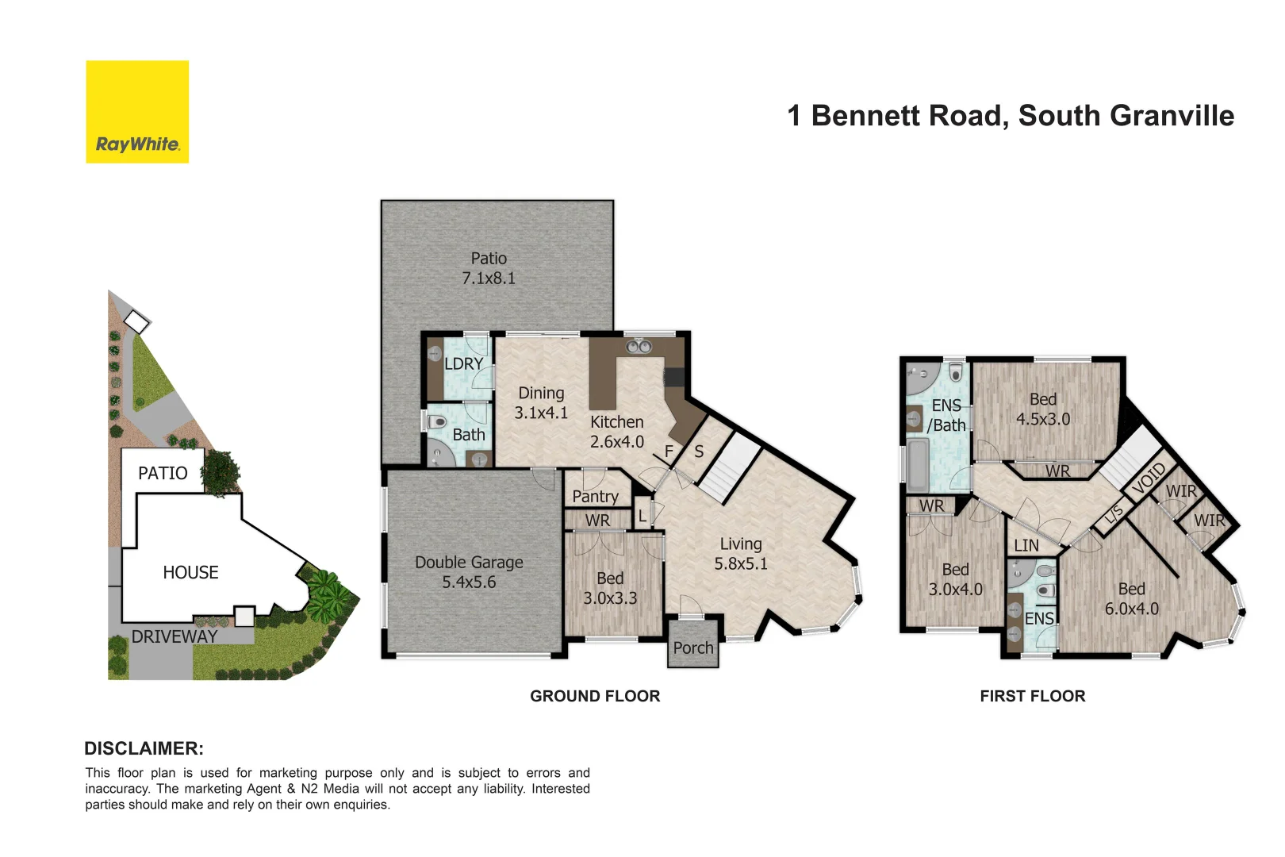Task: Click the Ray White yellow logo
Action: [x=137, y=112]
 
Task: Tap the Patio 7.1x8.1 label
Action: [x=489, y=268]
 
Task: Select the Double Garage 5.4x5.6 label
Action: [x=469, y=572]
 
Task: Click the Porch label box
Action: [x=693, y=648]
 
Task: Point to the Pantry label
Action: [x=595, y=497]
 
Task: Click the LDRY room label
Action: [x=463, y=364]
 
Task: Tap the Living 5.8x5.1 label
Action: [x=741, y=554]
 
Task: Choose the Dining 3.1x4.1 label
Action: [x=541, y=403]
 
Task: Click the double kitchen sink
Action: [x=639, y=347]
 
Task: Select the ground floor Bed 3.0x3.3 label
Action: [x=610, y=588]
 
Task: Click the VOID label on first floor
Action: [x=1149, y=478]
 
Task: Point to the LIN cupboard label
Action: [x=1026, y=546]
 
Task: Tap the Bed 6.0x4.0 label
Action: [x=1131, y=599]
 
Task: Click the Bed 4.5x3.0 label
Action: [x=1043, y=409]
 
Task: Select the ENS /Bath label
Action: [x=946, y=416]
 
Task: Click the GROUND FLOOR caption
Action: [x=595, y=696]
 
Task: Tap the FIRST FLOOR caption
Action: [x=1032, y=696]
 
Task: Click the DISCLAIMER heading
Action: [x=144, y=748]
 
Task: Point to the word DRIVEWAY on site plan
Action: [x=175, y=636]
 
